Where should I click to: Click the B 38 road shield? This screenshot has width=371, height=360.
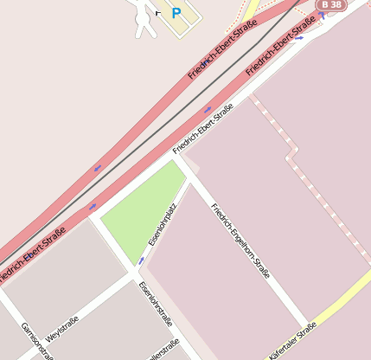[x=331, y=5]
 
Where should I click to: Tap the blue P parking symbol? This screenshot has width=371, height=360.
[x=176, y=13]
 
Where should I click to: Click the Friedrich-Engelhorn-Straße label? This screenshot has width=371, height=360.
[x=241, y=241]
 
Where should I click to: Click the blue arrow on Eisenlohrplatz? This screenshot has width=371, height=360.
[x=141, y=260]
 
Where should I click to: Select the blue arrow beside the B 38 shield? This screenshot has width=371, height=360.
[x=322, y=16]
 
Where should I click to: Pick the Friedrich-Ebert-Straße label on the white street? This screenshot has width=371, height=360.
[x=203, y=128]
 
